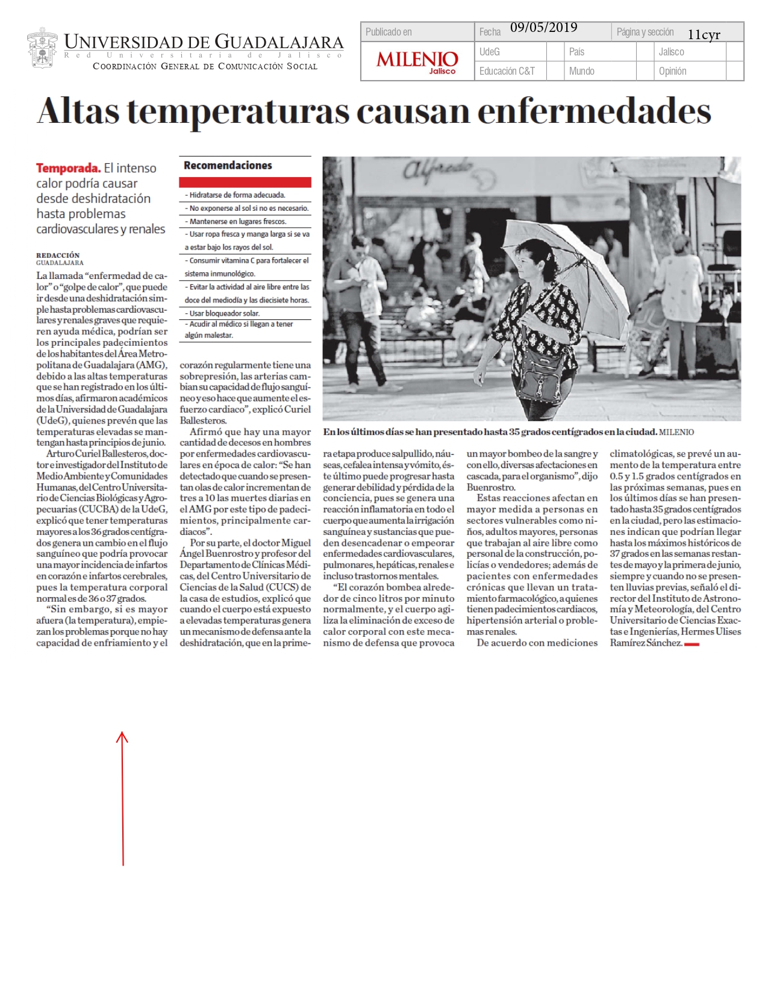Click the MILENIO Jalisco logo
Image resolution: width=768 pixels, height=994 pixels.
(x=417, y=61)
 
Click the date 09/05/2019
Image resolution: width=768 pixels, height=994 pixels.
(x=543, y=28)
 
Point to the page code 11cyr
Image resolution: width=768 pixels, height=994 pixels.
(x=704, y=35)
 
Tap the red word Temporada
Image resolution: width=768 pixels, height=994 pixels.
(x=68, y=168)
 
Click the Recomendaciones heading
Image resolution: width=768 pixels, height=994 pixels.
(x=228, y=165)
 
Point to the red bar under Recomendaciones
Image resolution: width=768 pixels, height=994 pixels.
(x=245, y=182)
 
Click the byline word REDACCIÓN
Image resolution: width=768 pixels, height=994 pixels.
(x=58, y=255)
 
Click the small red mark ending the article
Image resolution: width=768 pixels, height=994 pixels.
(x=692, y=644)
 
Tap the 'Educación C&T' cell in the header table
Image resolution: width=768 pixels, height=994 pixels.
(x=507, y=71)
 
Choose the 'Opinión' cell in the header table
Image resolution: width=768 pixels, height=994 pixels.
(x=672, y=71)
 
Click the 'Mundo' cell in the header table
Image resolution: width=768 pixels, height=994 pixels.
(x=581, y=71)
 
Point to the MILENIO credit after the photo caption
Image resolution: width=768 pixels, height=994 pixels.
(x=676, y=432)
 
